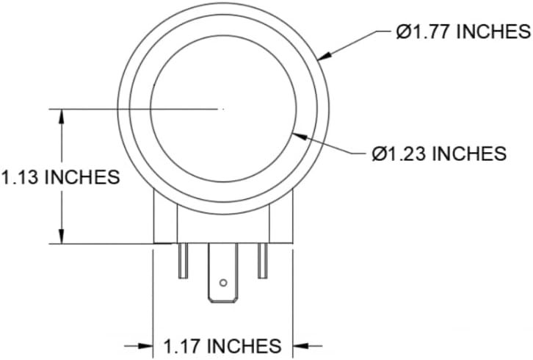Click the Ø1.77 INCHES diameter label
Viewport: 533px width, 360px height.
(x=463, y=32)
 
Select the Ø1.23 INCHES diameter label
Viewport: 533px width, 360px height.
(x=439, y=154)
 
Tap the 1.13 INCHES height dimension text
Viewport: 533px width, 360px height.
(x=61, y=177)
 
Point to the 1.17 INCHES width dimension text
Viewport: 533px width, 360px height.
(x=222, y=346)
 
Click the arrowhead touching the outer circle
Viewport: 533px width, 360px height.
(x=324, y=57)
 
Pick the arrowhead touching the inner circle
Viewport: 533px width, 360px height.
(x=300, y=136)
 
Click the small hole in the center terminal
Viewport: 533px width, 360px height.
(x=223, y=283)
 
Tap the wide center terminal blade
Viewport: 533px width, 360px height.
(x=223, y=273)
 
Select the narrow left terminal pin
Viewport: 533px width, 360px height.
(x=184, y=261)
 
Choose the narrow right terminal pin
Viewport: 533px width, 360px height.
(x=262, y=261)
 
